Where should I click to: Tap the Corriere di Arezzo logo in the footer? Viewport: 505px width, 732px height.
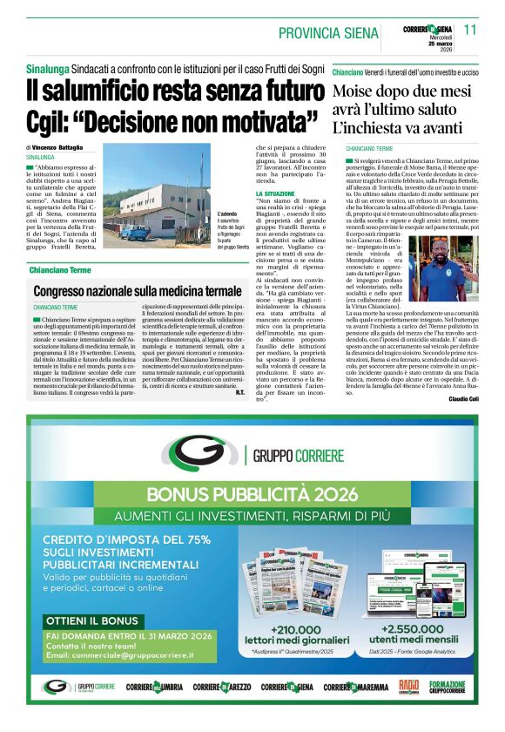tap(219, 688)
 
